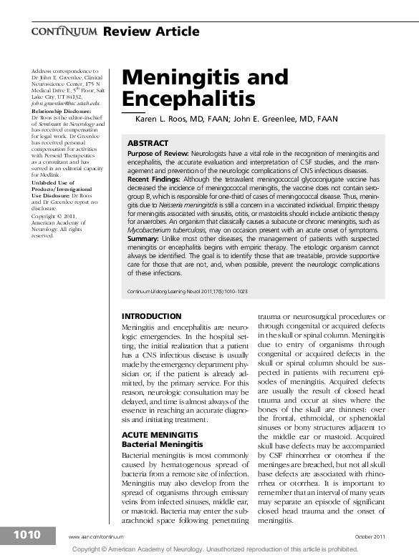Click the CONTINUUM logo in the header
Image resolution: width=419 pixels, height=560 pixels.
point(64,31)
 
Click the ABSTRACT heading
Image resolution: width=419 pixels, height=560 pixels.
point(148,144)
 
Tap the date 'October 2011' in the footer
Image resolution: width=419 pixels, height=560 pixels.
point(370,536)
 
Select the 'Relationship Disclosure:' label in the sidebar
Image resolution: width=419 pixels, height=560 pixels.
point(62,112)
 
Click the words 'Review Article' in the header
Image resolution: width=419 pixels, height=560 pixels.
point(151,31)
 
